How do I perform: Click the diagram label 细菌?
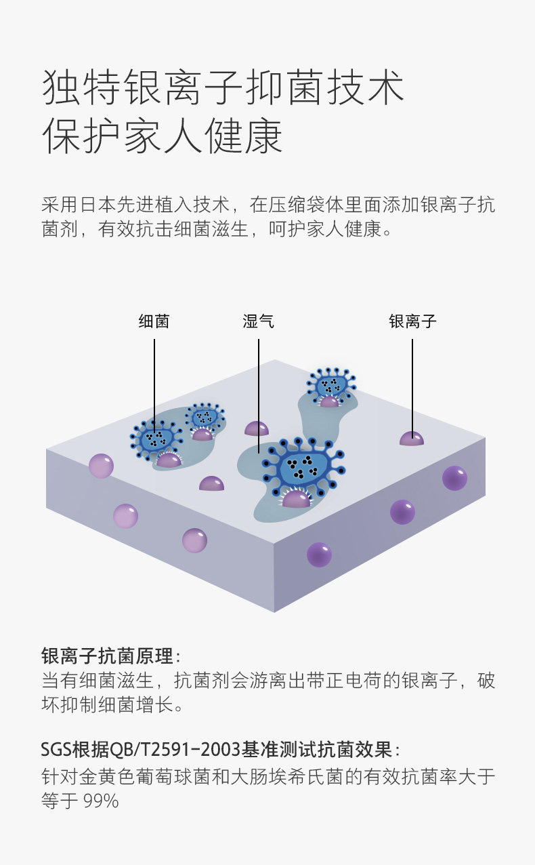[154, 321]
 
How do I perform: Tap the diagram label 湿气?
[258, 321]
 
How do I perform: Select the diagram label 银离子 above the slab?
[412, 321]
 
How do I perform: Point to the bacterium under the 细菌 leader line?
[156, 437]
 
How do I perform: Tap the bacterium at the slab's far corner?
[329, 386]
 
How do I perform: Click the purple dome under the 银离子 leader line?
[411, 439]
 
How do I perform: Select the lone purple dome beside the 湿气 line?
[256, 428]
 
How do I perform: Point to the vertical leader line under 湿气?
[259, 393]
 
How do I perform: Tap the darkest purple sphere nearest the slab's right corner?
[454, 478]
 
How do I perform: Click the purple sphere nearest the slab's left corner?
[101, 466]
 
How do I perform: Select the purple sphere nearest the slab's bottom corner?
[319, 554]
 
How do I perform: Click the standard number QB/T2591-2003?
[175, 750]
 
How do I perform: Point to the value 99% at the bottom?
[101, 801]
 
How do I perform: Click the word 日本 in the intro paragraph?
[96, 204]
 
